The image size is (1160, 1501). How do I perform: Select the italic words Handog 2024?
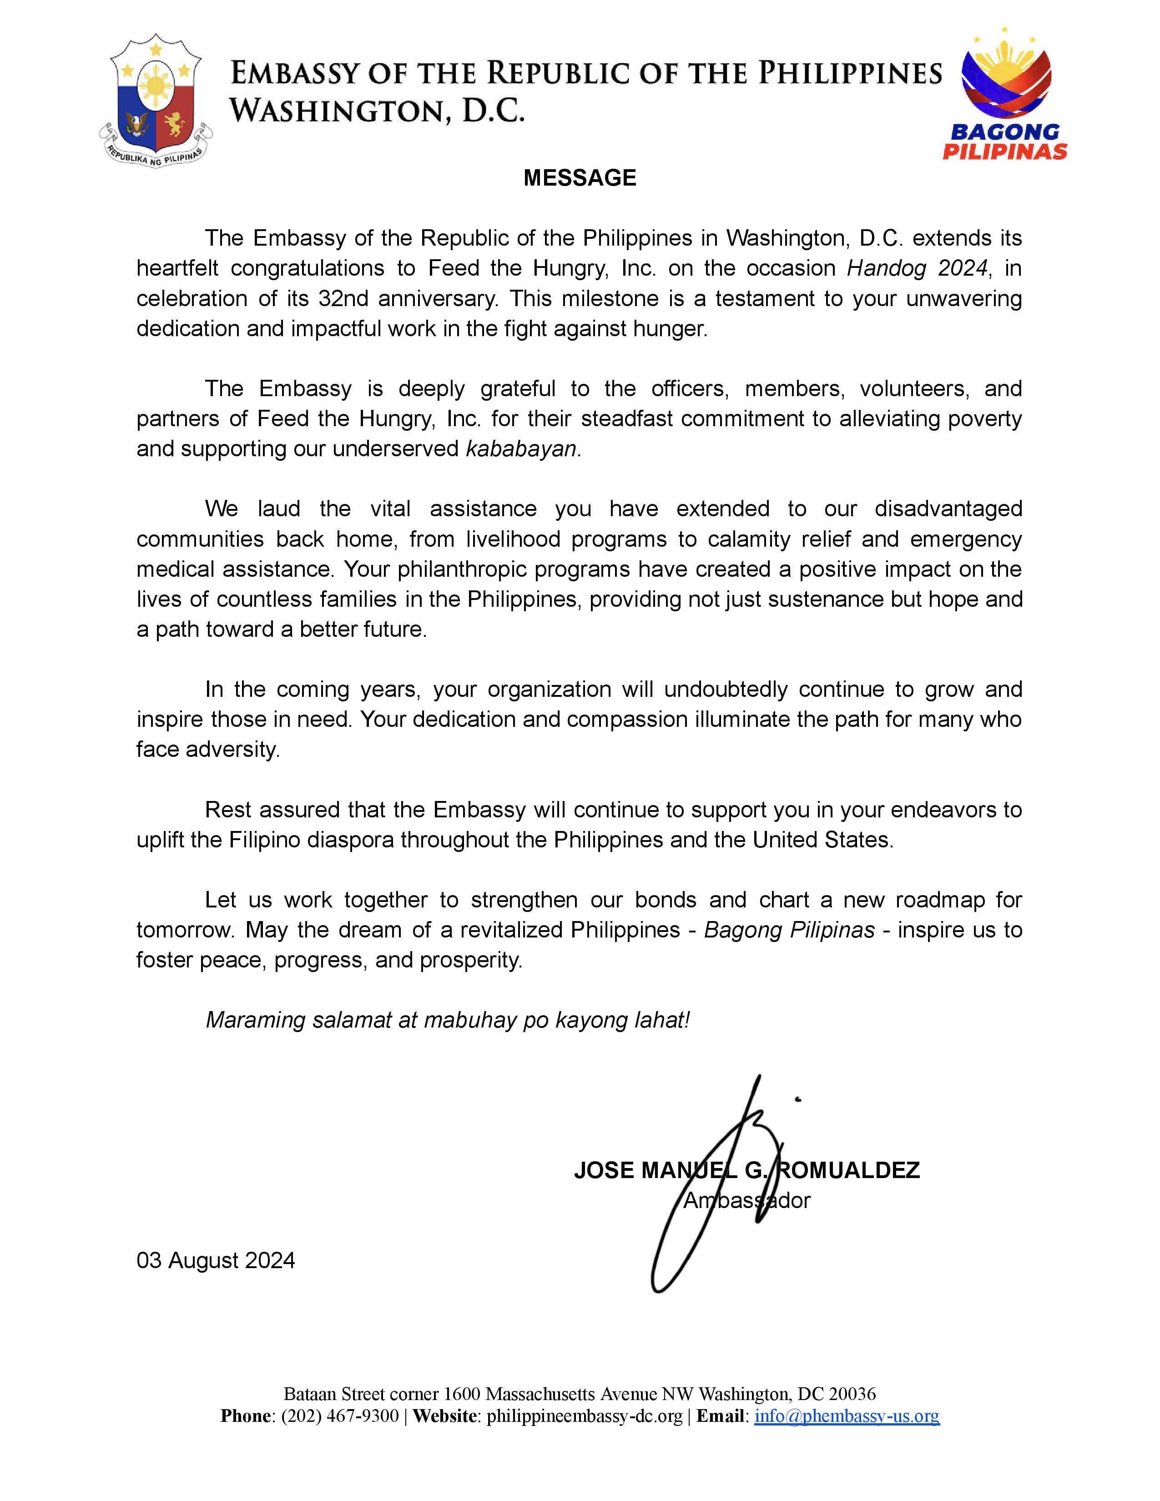pyautogui.click(x=917, y=268)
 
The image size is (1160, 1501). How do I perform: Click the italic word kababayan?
pyautogui.click(x=521, y=449)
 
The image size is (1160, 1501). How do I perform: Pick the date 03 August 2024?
pyautogui.click(x=216, y=1260)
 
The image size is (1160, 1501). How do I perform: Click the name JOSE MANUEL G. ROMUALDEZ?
pyautogui.click(x=746, y=1170)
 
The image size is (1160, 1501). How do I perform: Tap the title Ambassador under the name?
pyautogui.click(x=746, y=1201)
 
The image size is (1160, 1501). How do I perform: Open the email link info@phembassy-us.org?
pyautogui.click(x=847, y=1416)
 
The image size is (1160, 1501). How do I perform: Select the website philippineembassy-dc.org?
pyautogui.click(x=584, y=1416)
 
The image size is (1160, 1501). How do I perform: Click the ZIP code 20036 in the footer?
pyautogui.click(x=852, y=1394)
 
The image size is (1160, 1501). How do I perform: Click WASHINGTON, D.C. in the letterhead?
pyautogui.click(x=377, y=110)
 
